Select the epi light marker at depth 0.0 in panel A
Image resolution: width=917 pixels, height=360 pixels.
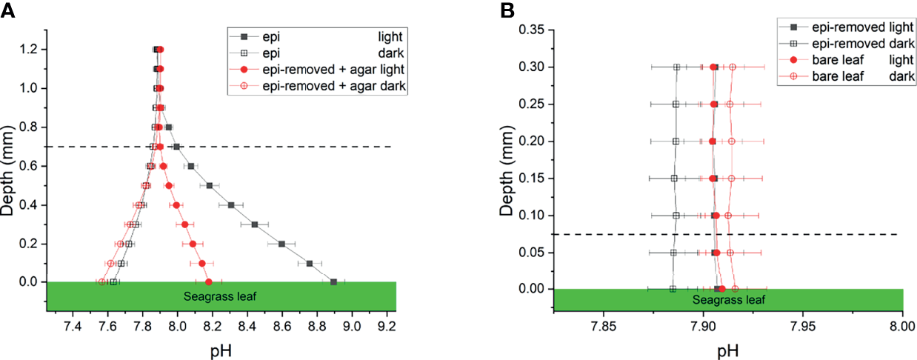333,282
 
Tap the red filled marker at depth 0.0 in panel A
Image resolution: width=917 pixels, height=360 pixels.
208,282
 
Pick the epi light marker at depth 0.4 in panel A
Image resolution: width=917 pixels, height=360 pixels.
231,205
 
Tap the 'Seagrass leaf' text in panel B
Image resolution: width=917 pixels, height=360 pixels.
728,300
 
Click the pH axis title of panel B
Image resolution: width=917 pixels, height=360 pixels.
727,348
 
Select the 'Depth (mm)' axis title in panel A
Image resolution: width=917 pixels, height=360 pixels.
10,167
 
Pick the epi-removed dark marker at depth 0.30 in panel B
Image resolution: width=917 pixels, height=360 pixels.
676,67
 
